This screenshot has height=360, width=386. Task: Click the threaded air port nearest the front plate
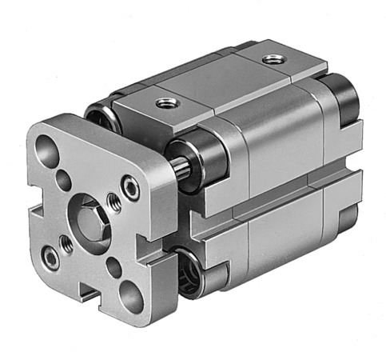coord(166,102)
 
